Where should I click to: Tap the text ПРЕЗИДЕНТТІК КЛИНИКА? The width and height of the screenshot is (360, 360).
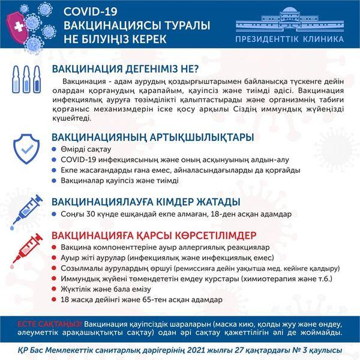point(290,39)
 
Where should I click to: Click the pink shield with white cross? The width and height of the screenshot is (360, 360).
point(16,26)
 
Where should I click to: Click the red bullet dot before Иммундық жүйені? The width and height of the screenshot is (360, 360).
point(55,279)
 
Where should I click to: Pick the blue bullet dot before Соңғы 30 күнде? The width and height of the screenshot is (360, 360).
point(55,214)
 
